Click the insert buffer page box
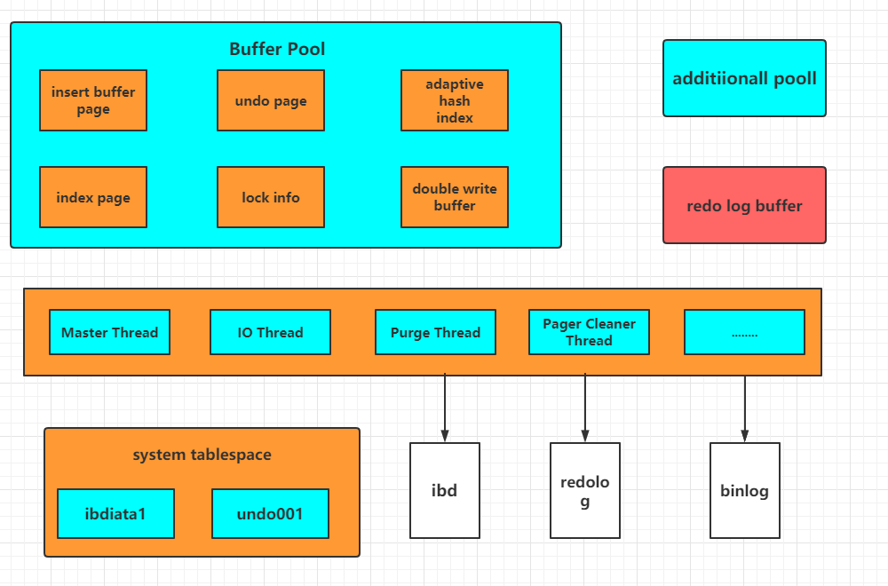[x=93, y=100]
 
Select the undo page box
[x=271, y=100]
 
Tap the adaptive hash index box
[x=454, y=100]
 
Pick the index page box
[x=93, y=197]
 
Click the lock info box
[x=271, y=197]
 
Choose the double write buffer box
[x=454, y=197]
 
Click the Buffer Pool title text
[x=277, y=49]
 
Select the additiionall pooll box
[x=744, y=78]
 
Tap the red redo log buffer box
[x=744, y=205]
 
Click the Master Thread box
[x=109, y=332]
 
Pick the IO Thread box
[x=270, y=332]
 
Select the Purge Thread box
[x=435, y=332]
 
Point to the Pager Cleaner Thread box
[x=589, y=332]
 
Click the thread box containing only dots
[x=744, y=332]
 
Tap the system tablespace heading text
[x=202, y=455]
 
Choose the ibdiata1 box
[x=115, y=513]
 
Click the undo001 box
[x=270, y=513]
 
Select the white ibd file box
[x=445, y=490]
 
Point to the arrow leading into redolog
[x=585, y=408]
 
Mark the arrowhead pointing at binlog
[x=745, y=436]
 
